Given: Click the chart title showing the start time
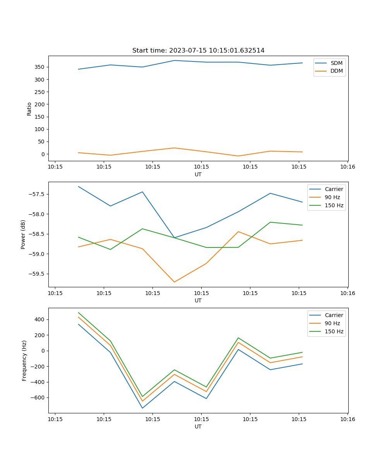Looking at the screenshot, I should click(198, 51).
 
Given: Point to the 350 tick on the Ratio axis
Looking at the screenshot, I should click(41, 67).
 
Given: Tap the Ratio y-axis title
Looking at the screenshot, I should click(29, 109).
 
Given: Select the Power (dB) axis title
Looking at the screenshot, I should click(23, 234).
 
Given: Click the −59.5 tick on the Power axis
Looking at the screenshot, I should click(38, 274).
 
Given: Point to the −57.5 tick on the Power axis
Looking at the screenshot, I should click(38, 194).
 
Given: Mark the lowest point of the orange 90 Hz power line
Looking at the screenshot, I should click(174, 282).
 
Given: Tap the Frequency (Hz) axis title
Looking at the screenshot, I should click(24, 360).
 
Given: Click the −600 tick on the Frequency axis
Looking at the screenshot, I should click(39, 397).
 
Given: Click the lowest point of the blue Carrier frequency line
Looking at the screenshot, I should click(142, 408).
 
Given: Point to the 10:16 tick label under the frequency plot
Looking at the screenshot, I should click(348, 419).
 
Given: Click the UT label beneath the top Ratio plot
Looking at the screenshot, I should click(198, 174).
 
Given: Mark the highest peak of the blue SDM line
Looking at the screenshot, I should click(174, 60).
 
